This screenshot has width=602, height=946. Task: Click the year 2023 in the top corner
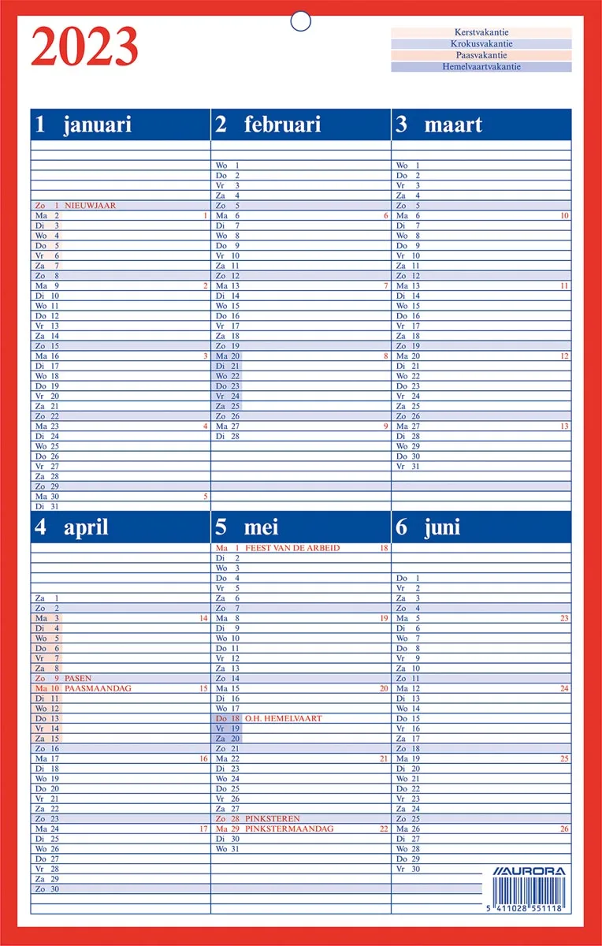click(84, 47)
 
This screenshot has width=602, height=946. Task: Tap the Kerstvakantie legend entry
click(481, 32)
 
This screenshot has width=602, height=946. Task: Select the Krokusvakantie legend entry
click(481, 44)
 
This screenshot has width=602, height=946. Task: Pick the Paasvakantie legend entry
click(481, 55)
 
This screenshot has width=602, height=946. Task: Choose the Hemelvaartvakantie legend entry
click(481, 67)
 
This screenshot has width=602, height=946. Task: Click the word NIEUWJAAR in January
click(90, 206)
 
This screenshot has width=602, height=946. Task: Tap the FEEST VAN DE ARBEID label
click(292, 548)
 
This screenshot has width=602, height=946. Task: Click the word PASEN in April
click(78, 678)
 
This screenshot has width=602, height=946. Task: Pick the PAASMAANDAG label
click(98, 688)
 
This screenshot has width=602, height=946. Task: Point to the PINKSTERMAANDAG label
click(289, 829)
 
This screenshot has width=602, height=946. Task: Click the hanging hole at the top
click(301, 21)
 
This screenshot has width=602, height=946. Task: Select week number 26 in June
click(564, 829)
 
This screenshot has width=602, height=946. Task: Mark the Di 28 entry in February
click(228, 435)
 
